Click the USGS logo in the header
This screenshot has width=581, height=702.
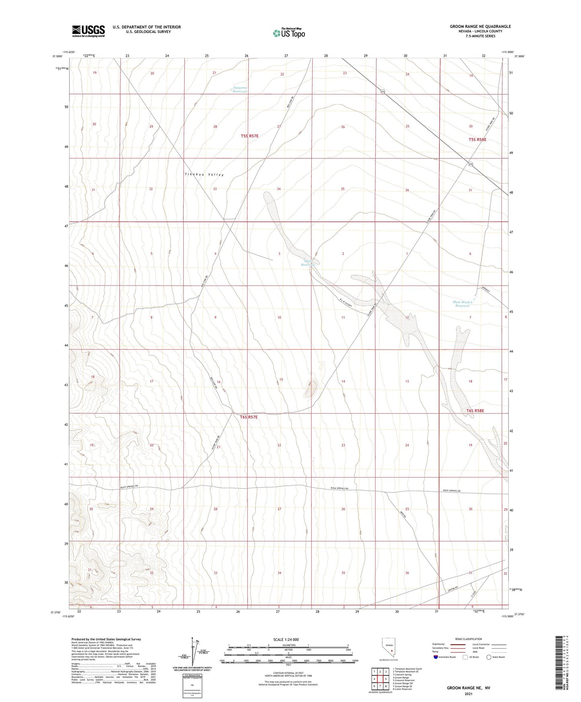(x=88, y=31)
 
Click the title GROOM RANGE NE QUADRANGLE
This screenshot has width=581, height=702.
(x=480, y=27)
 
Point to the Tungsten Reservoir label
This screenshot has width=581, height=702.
(x=240, y=90)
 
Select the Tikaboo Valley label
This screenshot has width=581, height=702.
(x=204, y=174)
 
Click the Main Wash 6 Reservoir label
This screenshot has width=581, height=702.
(x=462, y=304)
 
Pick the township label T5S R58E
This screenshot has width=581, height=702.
(x=477, y=140)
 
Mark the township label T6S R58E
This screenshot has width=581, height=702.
(x=475, y=411)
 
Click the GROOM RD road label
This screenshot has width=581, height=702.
(x=453, y=589)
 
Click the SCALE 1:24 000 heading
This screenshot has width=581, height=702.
(x=286, y=639)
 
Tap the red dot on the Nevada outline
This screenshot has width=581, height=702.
(x=391, y=651)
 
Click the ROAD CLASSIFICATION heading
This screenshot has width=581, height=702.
(x=468, y=639)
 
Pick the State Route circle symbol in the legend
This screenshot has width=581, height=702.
(x=489, y=657)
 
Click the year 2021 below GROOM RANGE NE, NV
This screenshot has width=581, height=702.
(x=468, y=694)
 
